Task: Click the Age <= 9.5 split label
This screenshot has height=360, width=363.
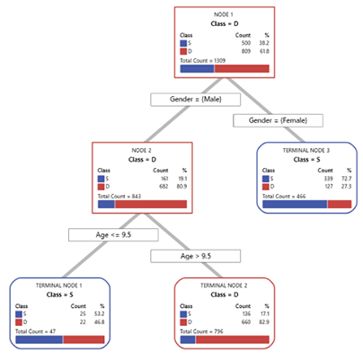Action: click(x=101, y=234)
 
